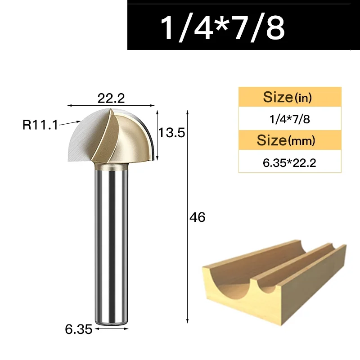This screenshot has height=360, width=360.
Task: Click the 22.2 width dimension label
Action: (111, 98)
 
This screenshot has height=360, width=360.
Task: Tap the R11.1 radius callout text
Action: (40, 125)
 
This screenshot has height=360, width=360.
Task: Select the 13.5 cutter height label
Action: (172, 133)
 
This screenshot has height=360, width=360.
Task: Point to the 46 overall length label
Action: (197, 217)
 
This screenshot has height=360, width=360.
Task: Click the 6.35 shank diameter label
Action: (78, 329)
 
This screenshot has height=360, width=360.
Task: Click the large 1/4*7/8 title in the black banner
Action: (222, 28)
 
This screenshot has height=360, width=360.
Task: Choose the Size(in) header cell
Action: (290, 97)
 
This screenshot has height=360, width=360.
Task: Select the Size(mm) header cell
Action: (290, 140)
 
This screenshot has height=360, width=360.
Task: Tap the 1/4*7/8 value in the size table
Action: (290, 119)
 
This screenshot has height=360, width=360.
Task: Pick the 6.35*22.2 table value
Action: (289, 163)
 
